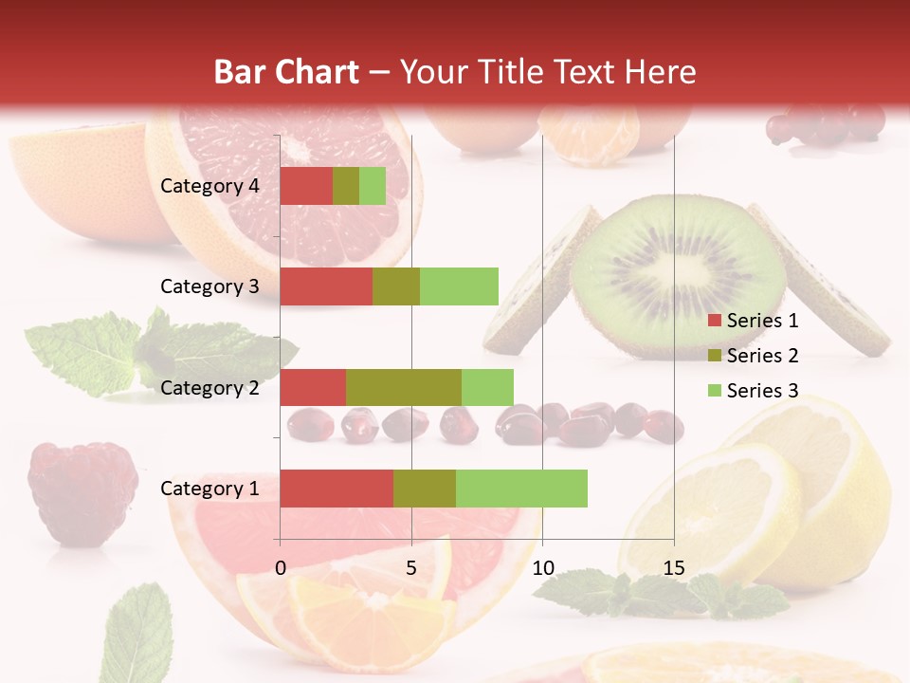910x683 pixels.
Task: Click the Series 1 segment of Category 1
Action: click(x=337, y=489)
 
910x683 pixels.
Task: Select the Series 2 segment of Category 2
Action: click(x=404, y=387)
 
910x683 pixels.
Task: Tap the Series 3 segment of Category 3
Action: click(x=459, y=286)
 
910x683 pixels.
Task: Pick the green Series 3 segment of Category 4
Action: click(x=373, y=186)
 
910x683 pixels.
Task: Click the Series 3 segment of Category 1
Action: click(x=521, y=489)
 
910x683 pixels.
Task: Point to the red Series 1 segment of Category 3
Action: click(x=326, y=286)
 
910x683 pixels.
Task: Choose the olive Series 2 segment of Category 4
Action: click(x=346, y=186)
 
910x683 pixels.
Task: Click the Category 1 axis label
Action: click(x=209, y=489)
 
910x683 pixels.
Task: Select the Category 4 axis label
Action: click(x=209, y=186)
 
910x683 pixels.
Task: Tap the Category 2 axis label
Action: click(x=209, y=387)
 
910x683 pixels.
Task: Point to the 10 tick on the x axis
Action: click(x=542, y=568)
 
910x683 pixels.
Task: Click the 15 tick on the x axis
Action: click(x=673, y=568)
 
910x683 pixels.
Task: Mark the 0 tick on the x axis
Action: click(x=281, y=568)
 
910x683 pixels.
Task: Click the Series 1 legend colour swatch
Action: click(x=714, y=321)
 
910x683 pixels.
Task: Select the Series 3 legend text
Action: click(x=762, y=391)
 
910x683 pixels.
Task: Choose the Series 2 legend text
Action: click(x=762, y=356)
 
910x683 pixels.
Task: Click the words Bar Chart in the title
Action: click(x=286, y=72)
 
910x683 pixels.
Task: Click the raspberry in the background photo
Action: click(x=82, y=491)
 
